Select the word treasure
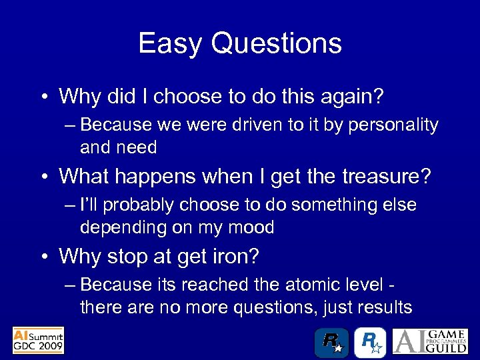(385, 177)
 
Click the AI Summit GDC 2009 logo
(39, 340)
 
